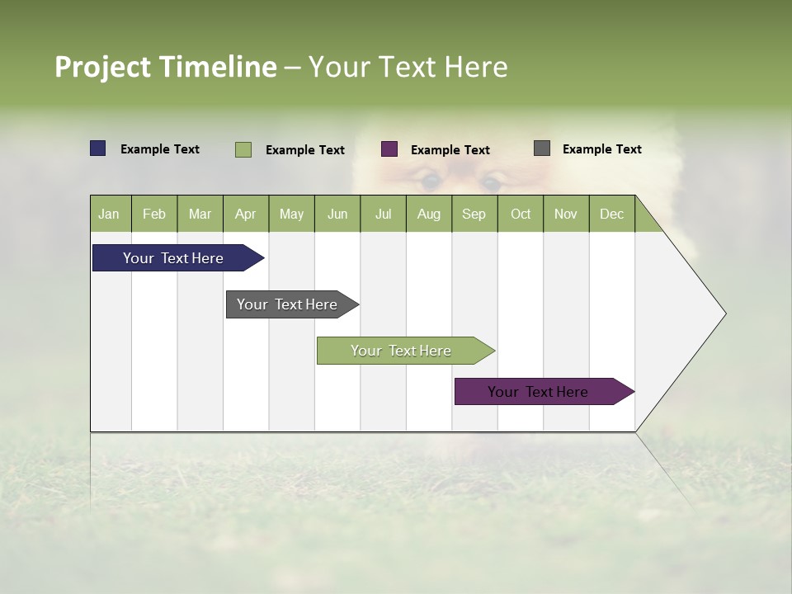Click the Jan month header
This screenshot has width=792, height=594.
pyautogui.click(x=110, y=214)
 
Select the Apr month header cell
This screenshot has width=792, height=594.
pyautogui.click(x=246, y=214)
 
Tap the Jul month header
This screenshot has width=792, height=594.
pyautogui.click(x=383, y=214)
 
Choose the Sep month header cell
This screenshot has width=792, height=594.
pyautogui.click(x=474, y=214)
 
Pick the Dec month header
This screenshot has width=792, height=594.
pyautogui.click(x=611, y=214)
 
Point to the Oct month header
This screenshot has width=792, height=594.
pyautogui.click(x=520, y=214)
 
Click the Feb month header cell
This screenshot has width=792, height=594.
pyautogui.click(x=154, y=214)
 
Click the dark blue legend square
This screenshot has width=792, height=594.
pyautogui.click(x=98, y=148)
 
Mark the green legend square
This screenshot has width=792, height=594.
pyautogui.click(x=243, y=149)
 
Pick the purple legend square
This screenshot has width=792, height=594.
pyautogui.click(x=389, y=149)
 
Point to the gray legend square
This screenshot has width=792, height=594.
pyautogui.click(x=542, y=148)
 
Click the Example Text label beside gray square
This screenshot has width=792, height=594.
pyautogui.click(x=601, y=149)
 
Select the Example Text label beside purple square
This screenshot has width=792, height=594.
pyautogui.click(x=450, y=150)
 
